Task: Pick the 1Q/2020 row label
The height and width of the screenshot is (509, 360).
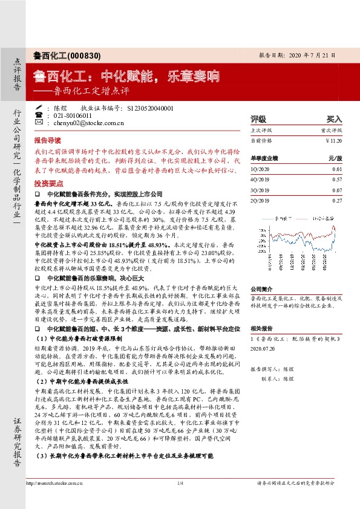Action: [x=260, y=170]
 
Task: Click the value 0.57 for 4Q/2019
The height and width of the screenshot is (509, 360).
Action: [x=337, y=180]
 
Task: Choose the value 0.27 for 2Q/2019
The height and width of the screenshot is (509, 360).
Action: [x=337, y=200]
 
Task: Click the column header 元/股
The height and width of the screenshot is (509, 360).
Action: [x=335, y=158]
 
